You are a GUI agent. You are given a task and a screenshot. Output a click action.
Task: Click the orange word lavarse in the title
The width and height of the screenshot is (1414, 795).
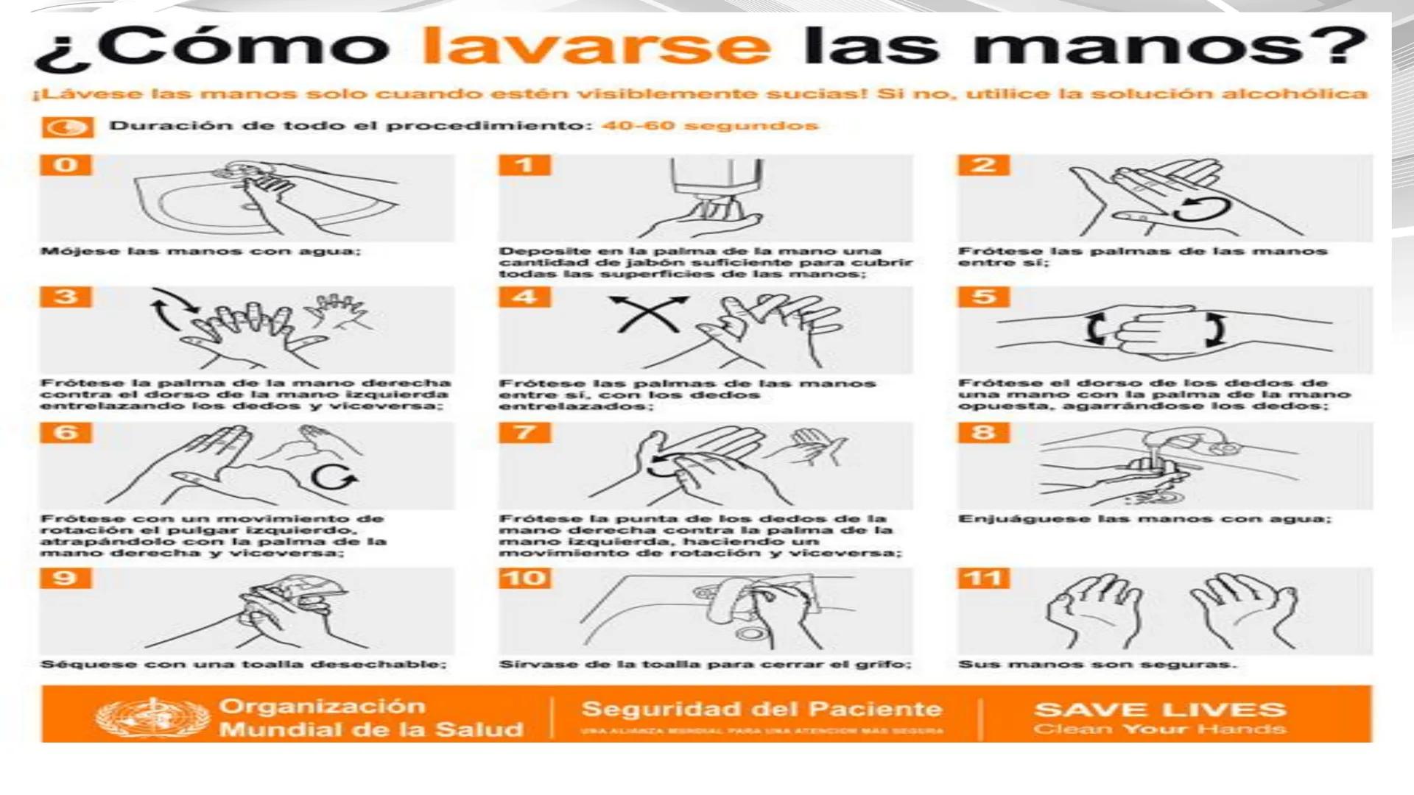click(597, 46)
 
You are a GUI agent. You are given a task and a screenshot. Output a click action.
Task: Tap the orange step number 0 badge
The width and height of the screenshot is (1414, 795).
click(66, 164)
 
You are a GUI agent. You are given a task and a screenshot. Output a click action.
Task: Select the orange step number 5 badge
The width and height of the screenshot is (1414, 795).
click(984, 297)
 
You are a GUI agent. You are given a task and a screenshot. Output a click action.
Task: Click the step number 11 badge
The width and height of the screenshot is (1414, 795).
click(984, 578)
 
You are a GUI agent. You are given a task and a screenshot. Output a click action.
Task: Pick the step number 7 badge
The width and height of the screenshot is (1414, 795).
click(524, 432)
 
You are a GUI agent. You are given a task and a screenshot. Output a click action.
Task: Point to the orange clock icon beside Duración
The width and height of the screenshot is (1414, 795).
click(67, 127)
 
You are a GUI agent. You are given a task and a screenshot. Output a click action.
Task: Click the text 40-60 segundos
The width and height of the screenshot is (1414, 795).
click(709, 125)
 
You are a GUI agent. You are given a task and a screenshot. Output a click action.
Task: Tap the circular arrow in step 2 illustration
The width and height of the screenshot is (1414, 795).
click(1200, 209)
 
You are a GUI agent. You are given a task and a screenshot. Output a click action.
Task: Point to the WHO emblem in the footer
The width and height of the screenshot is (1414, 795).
click(152, 718)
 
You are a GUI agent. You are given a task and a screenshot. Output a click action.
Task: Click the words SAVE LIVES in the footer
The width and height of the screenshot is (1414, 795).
click(1160, 710)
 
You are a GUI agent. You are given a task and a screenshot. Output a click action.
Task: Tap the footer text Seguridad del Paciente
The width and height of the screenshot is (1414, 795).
click(761, 709)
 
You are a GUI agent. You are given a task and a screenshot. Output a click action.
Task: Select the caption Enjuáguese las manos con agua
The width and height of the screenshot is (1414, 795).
click(1144, 519)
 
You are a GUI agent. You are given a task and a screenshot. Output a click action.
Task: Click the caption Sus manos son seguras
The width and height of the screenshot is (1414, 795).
click(1097, 665)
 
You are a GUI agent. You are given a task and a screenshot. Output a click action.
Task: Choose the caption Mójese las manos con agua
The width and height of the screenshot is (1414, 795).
click(200, 251)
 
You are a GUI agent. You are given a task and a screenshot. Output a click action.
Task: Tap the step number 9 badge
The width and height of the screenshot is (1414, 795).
click(66, 578)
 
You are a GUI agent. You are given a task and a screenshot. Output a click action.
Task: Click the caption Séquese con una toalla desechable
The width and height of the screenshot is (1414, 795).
click(243, 665)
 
